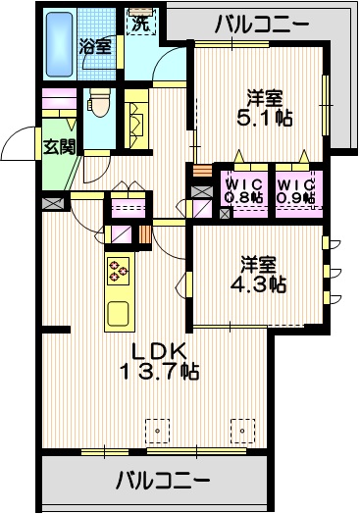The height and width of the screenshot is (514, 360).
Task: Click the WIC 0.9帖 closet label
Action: click(x=294, y=190)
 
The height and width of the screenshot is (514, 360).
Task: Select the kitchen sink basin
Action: click(x=117, y=315)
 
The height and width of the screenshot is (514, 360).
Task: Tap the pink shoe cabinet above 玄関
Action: click(x=59, y=103)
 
